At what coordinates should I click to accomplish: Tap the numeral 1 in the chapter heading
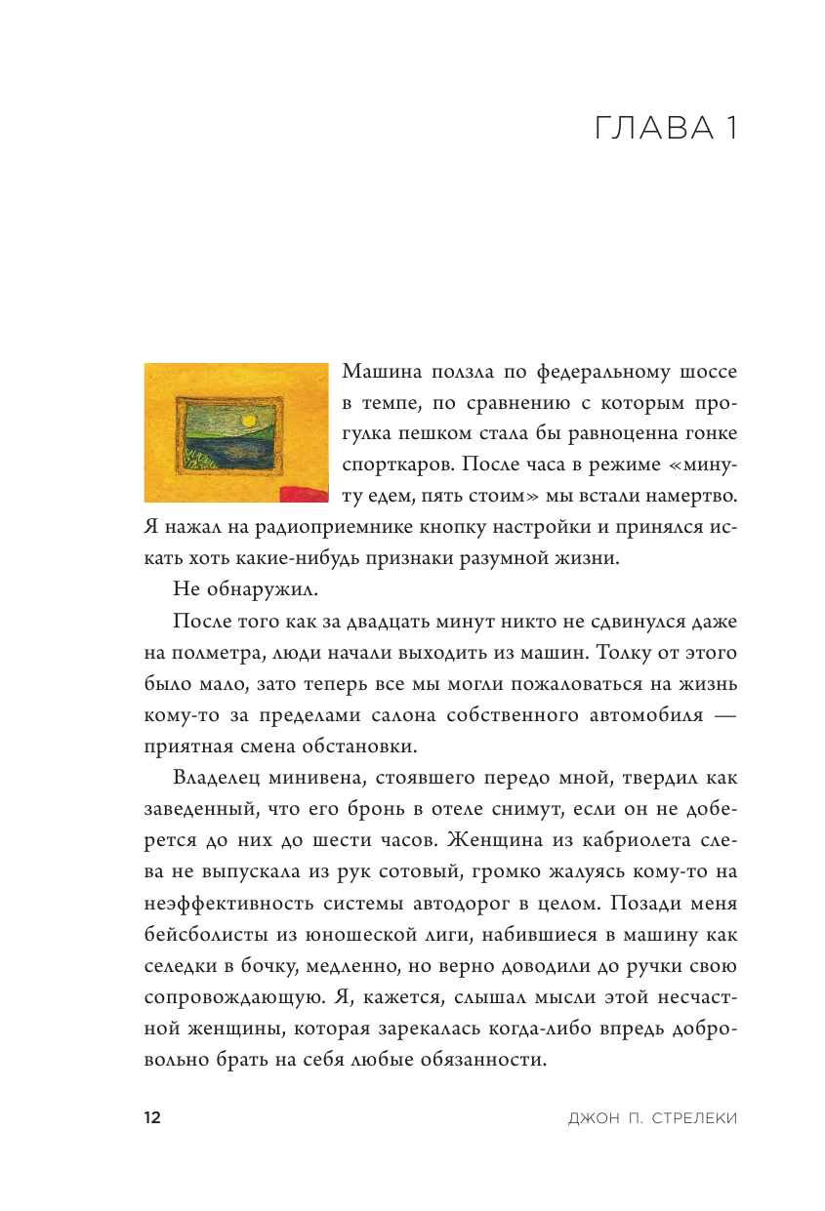pos(728,129)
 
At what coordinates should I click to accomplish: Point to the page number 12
pos(151,1118)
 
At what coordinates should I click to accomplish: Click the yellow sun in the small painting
pos(248,421)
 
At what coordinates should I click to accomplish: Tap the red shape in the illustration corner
pos(304,493)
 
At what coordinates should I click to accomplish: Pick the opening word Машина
pos(387,372)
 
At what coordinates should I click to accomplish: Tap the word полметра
pos(220,652)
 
